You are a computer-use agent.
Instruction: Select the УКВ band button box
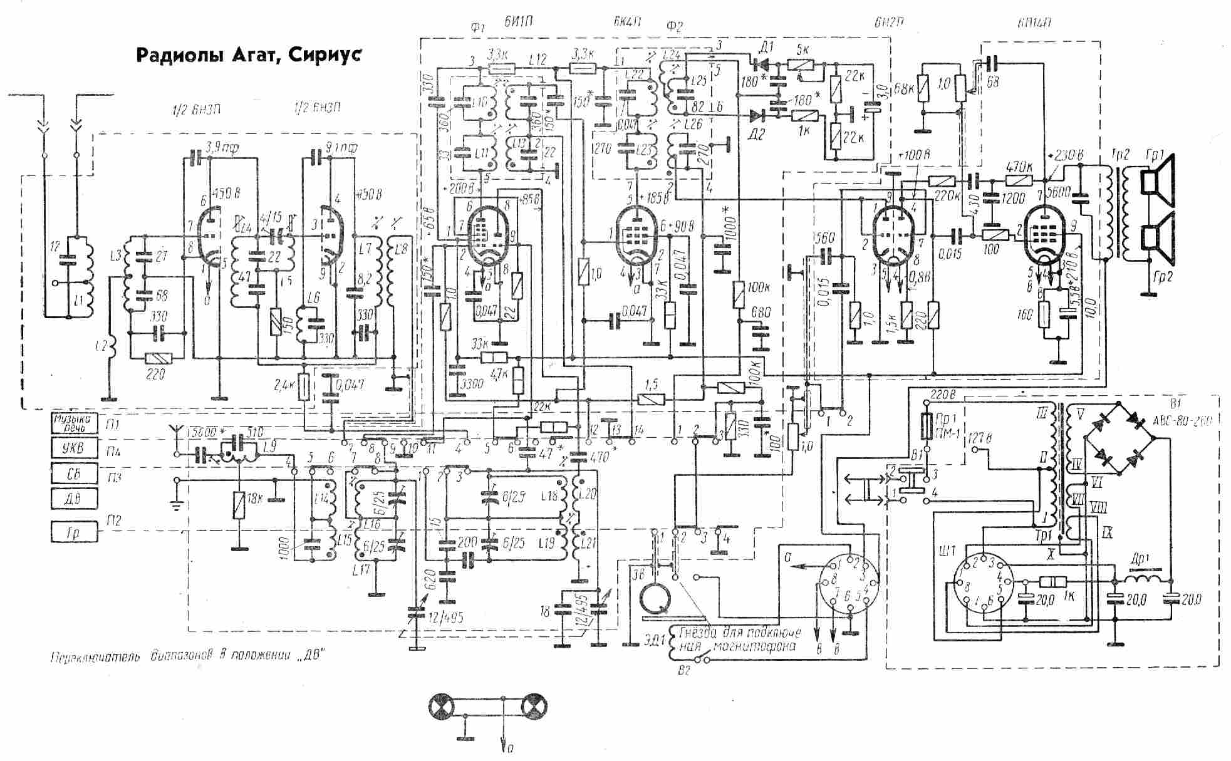point(75,449)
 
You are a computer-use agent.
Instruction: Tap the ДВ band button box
point(75,500)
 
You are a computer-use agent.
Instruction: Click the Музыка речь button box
point(75,423)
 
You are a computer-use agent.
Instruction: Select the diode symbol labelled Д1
point(760,63)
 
